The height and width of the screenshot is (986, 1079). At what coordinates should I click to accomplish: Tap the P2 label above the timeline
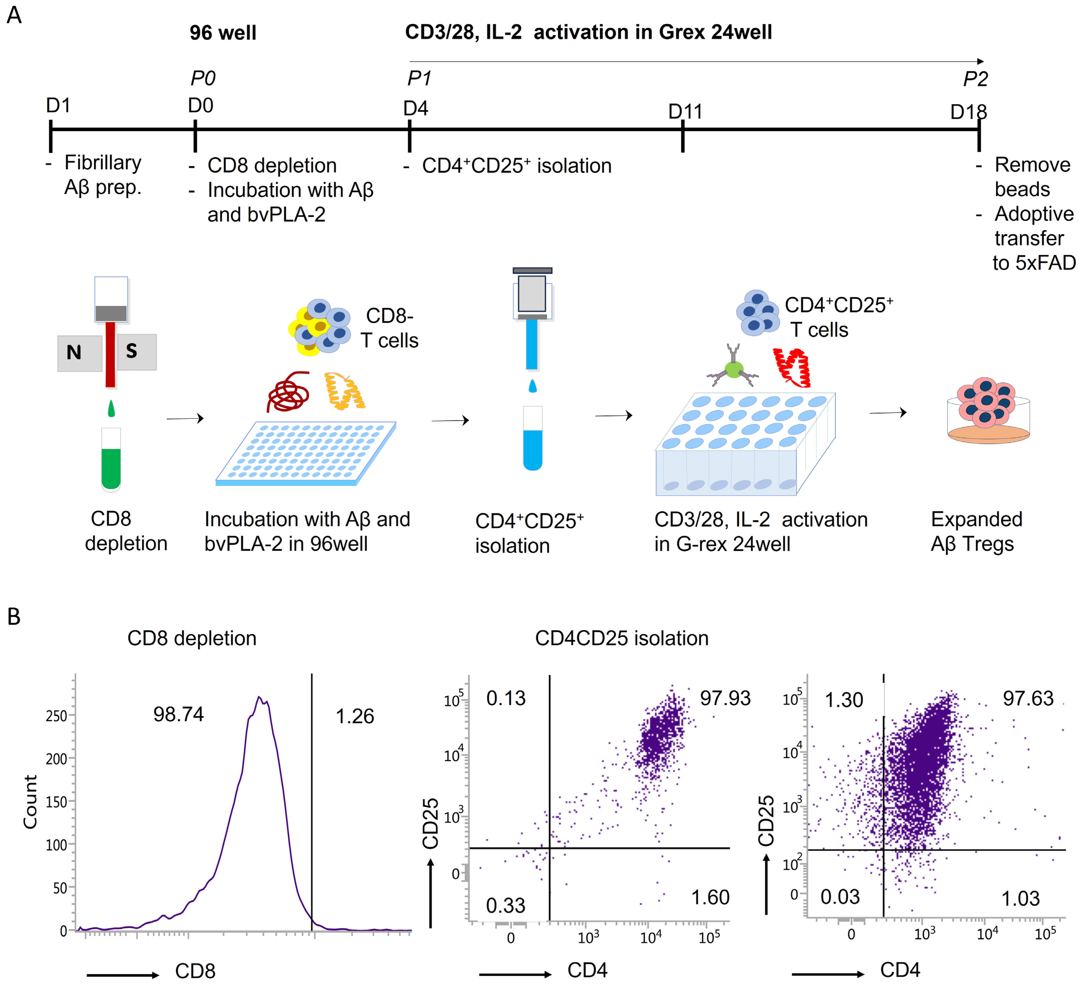(x=975, y=79)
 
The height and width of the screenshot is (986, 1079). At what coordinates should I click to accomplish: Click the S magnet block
(x=136, y=351)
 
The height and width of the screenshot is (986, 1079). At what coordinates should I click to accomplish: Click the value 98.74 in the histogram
(x=178, y=714)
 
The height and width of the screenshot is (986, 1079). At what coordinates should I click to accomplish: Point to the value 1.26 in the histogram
(x=355, y=716)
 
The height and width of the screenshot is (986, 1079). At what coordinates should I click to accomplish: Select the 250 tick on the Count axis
(x=56, y=716)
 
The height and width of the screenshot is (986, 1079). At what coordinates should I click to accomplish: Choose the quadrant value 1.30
(x=844, y=700)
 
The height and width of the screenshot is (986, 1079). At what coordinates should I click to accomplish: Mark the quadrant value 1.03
(x=1020, y=899)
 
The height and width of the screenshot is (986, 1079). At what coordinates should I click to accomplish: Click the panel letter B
(x=14, y=617)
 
